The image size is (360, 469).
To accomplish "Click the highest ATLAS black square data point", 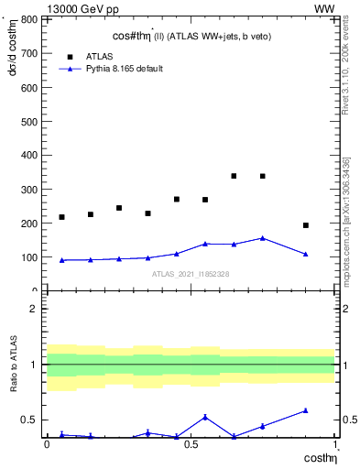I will (x=234, y=176).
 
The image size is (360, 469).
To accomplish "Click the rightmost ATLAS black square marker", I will (x=306, y=225).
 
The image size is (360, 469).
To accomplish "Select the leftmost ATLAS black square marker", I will (x=61, y=217).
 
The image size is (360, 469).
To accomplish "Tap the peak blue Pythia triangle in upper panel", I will (x=263, y=238).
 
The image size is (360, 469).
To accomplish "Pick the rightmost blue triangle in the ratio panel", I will (x=306, y=410).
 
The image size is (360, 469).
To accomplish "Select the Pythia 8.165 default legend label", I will (x=125, y=69).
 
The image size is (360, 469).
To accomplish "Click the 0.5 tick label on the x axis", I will (x=191, y=444).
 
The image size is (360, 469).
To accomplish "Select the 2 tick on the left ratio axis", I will (x=32, y=309).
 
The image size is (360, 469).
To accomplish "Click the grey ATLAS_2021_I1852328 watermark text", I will (x=191, y=274).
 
